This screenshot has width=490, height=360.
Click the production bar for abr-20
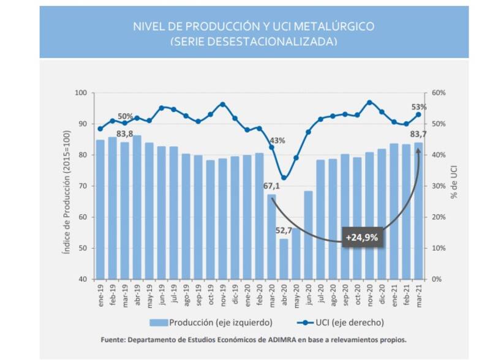tap(284, 258)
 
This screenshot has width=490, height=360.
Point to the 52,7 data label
tap(284, 231)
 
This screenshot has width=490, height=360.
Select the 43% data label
tap(277, 141)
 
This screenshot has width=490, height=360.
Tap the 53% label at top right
tap(419, 107)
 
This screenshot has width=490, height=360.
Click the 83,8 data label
tap(125, 133)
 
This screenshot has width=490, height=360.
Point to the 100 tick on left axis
tap(81, 93)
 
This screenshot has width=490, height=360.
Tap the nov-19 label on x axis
tap(223, 296)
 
